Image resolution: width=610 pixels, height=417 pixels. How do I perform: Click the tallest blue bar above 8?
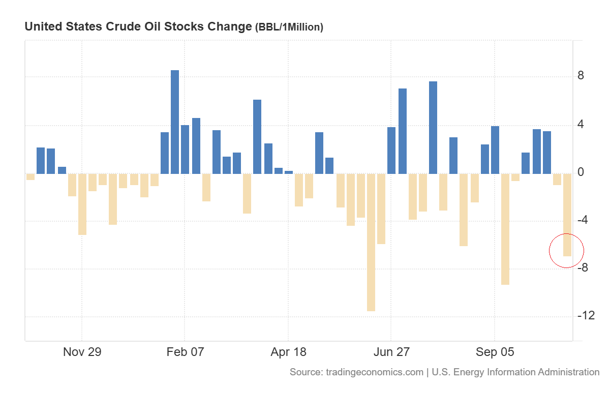point(174,122)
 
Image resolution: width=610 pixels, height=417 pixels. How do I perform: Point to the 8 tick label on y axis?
point(581,76)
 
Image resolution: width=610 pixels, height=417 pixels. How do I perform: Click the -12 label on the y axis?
point(586,316)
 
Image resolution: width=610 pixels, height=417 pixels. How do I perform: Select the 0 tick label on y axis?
point(581,172)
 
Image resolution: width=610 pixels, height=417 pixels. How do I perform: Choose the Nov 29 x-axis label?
point(82,352)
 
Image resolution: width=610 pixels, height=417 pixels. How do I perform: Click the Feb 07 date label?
point(185,352)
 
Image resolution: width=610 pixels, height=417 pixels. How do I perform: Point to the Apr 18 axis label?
point(288,352)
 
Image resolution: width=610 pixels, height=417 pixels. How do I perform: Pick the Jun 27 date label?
point(391,352)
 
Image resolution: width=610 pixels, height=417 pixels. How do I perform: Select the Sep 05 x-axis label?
point(495,352)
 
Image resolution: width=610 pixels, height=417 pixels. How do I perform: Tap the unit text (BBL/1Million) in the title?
point(289,27)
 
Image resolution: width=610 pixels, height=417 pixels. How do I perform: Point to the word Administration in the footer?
point(566,372)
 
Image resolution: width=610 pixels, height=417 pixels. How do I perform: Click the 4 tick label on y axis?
point(581,125)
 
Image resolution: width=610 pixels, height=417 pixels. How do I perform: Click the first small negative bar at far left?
point(30,177)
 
